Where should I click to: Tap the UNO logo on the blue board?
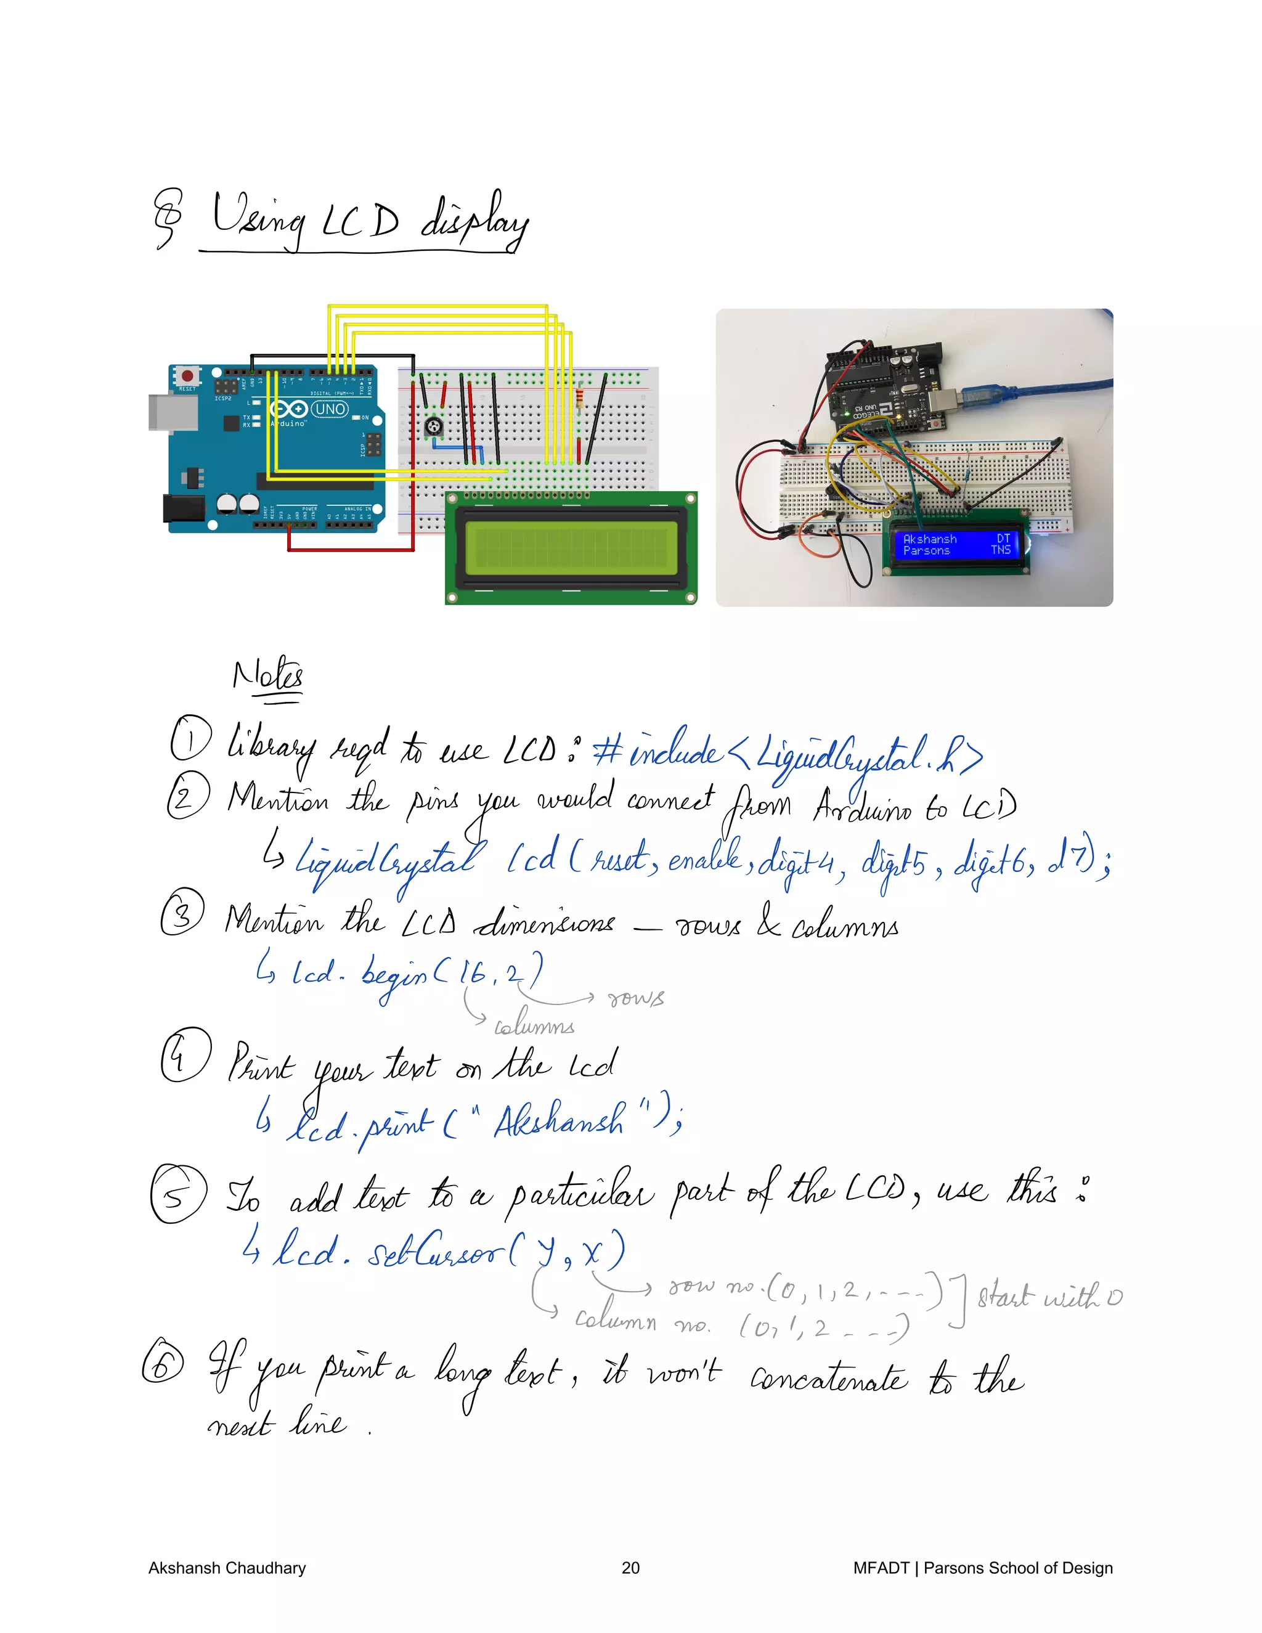pos(330,409)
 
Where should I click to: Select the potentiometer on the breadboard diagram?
pos(433,427)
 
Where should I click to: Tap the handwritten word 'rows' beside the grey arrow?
pos(635,998)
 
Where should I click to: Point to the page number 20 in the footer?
pos(630,1568)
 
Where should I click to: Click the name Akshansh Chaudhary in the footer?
pos(227,1568)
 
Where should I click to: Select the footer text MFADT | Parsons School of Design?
pos(982,1568)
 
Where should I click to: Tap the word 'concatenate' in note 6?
pos(828,1378)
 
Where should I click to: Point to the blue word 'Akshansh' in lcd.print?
pos(558,1121)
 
